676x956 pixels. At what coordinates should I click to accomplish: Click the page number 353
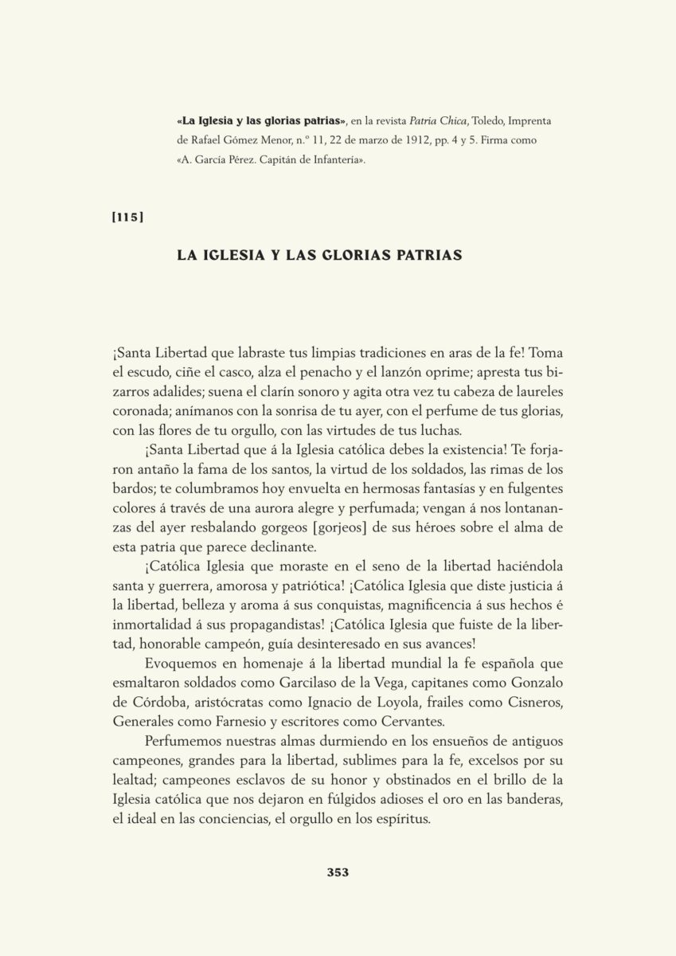[338, 872]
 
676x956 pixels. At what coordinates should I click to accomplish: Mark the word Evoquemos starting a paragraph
[186, 667]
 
